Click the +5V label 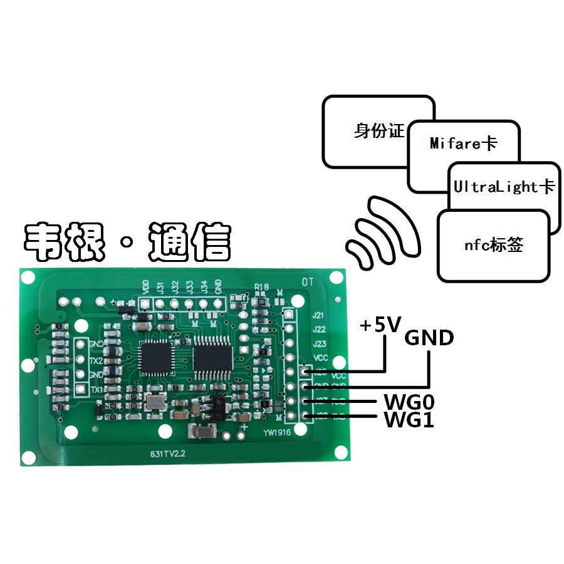pyautogui.click(x=380, y=325)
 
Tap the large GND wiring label pyautogui.click(x=429, y=338)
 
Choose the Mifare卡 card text pyautogui.click(x=464, y=144)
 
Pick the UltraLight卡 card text pyautogui.click(x=504, y=187)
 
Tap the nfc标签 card pyautogui.click(x=493, y=245)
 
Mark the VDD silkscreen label pyautogui.click(x=145, y=287)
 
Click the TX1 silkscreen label pyautogui.click(x=96, y=390)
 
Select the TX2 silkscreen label pyautogui.click(x=96, y=359)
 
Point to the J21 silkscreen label pyautogui.click(x=318, y=315)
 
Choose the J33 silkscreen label pyautogui.click(x=189, y=287)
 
